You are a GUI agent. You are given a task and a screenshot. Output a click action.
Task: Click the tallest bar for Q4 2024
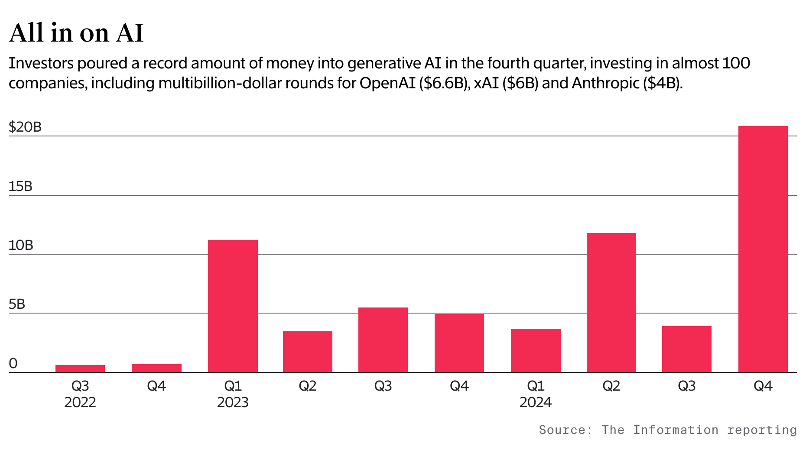(763, 249)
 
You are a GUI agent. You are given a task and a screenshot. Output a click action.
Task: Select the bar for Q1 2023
(233, 306)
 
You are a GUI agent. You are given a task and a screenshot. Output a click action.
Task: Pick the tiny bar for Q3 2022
(80, 369)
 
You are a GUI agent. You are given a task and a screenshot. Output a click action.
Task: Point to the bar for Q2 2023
(308, 352)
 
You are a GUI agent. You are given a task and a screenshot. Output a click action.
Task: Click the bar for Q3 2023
(383, 340)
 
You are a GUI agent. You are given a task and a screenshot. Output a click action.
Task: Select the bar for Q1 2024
(536, 350)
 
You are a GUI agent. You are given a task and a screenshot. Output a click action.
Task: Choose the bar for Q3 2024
(687, 349)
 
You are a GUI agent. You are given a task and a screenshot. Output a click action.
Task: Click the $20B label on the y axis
(25, 127)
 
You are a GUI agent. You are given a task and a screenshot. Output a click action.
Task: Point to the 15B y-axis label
(20, 186)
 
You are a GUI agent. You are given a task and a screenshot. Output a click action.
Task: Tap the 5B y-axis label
(17, 304)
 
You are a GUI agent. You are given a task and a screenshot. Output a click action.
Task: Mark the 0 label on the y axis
(13, 363)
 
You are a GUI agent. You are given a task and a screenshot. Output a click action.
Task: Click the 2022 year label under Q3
(80, 402)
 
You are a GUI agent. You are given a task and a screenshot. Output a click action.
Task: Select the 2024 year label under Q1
(536, 402)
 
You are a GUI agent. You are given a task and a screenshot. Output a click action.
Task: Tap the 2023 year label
(233, 402)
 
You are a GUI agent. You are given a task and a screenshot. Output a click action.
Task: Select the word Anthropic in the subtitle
(605, 83)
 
